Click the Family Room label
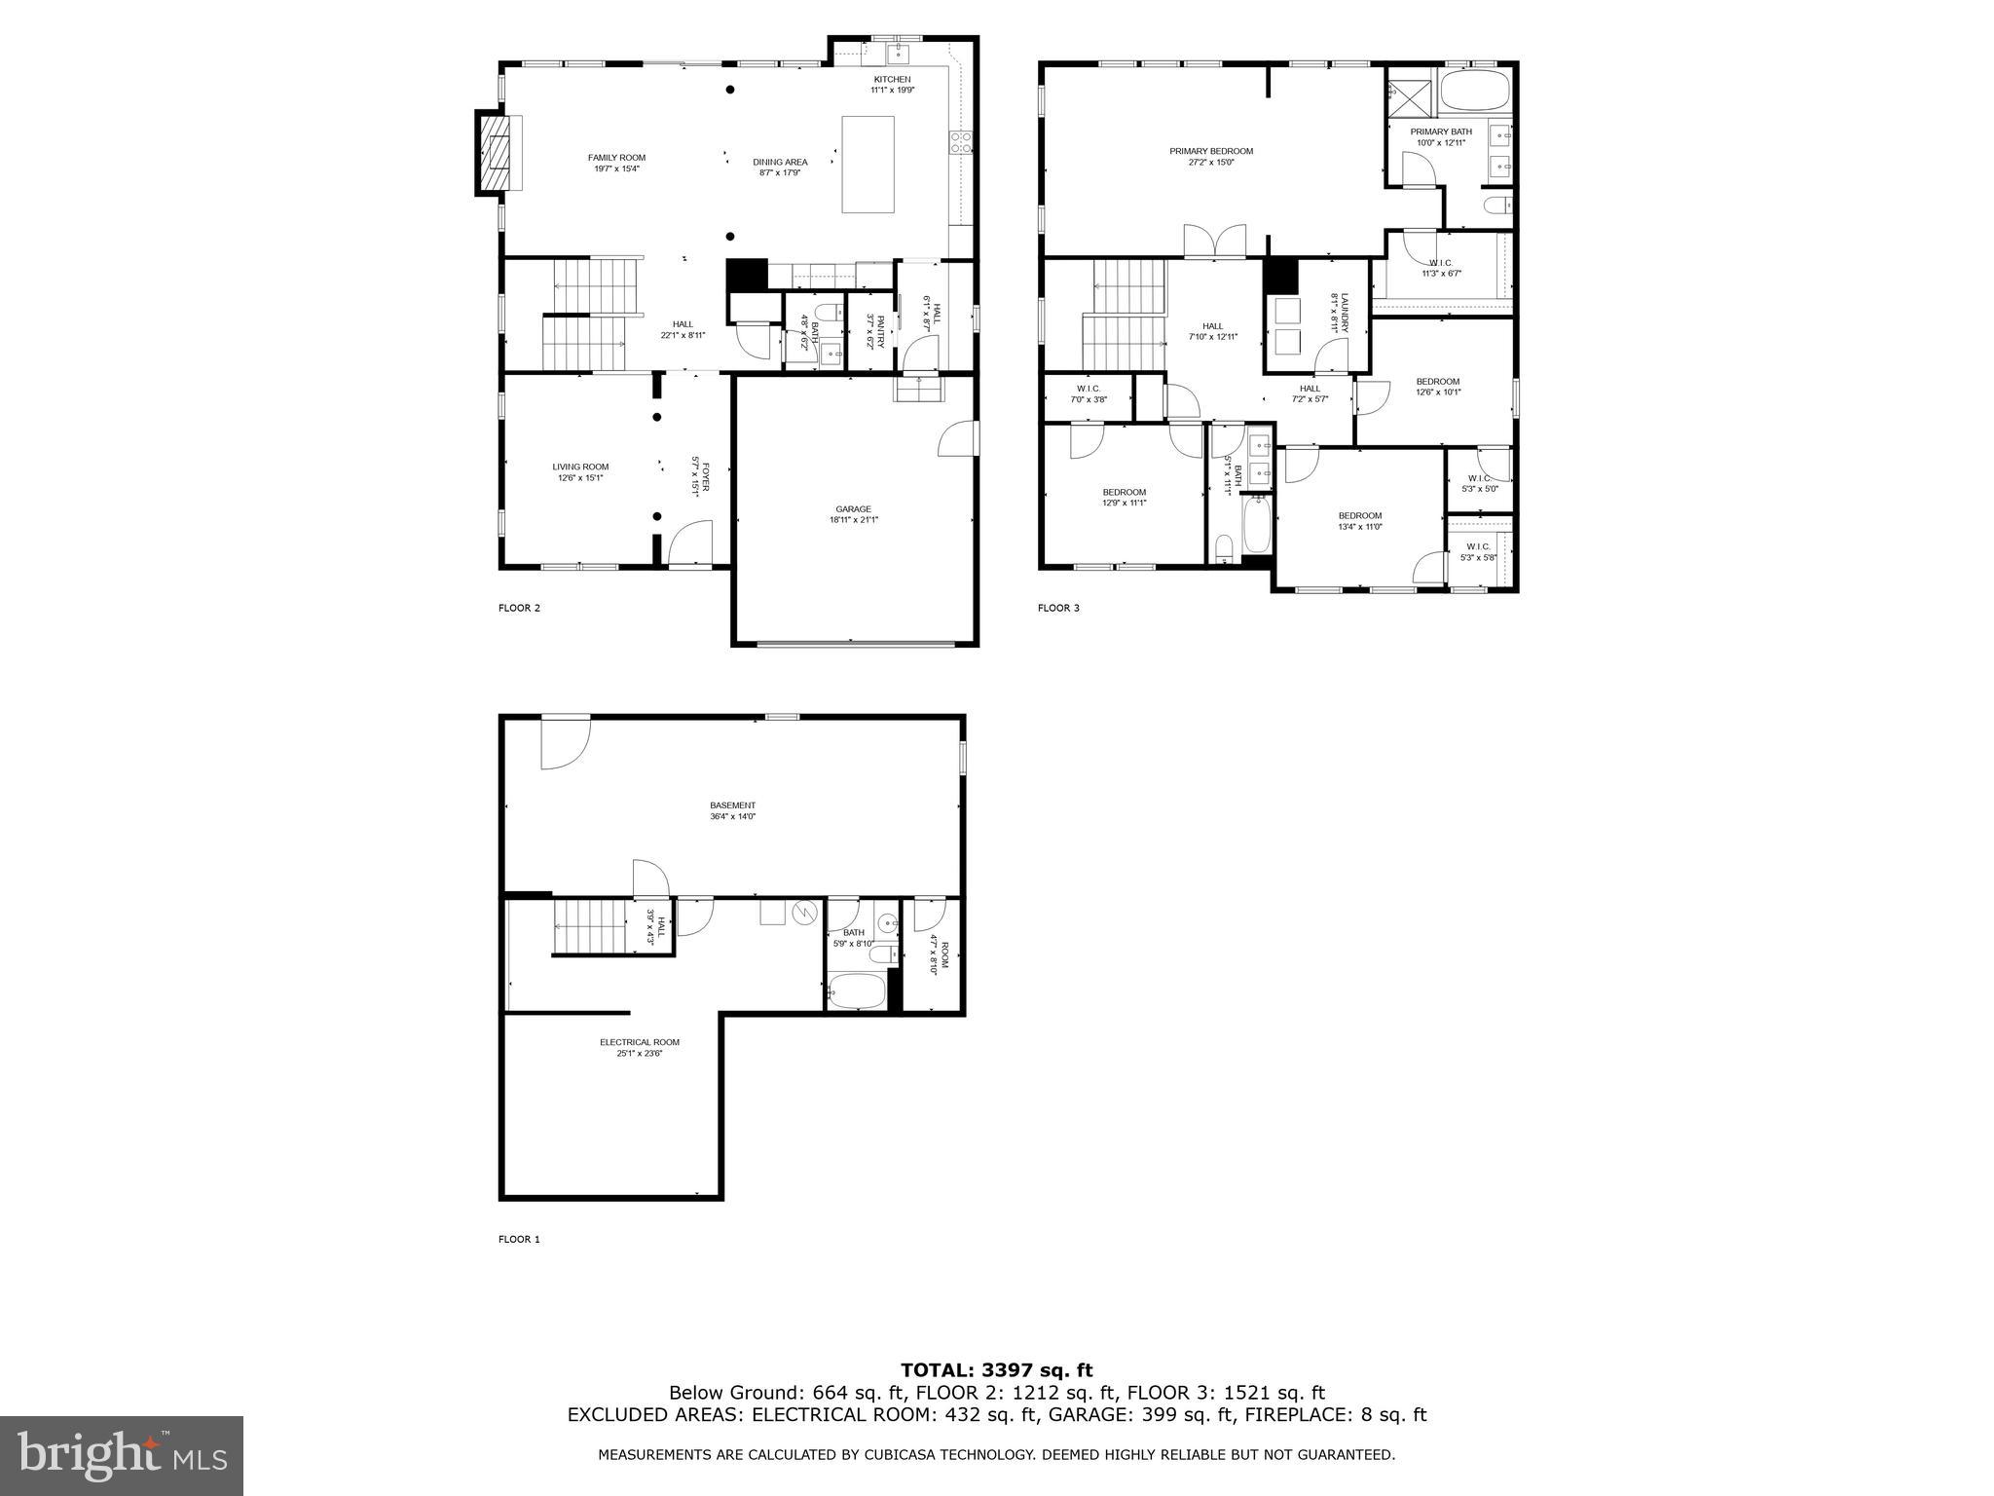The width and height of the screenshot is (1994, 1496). pyautogui.click(x=616, y=158)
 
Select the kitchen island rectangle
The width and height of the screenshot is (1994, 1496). pyautogui.click(x=868, y=164)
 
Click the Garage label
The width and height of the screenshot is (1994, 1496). pyautogui.click(x=853, y=508)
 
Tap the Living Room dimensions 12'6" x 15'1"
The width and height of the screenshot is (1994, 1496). pyautogui.click(x=580, y=478)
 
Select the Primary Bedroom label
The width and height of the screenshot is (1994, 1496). pyautogui.click(x=1211, y=151)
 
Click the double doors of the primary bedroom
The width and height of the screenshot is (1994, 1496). pyautogui.click(x=1214, y=241)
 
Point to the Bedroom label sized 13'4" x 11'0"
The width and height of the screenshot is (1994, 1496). pyautogui.click(x=1359, y=516)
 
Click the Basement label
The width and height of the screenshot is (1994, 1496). pyautogui.click(x=732, y=805)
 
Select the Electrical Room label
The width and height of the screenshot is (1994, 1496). pyautogui.click(x=640, y=1042)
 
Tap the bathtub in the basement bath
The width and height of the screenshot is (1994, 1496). pyautogui.click(x=857, y=992)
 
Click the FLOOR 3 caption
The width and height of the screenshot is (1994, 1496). pyautogui.click(x=1058, y=608)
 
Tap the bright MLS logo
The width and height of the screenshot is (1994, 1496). pyautogui.click(x=122, y=1457)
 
